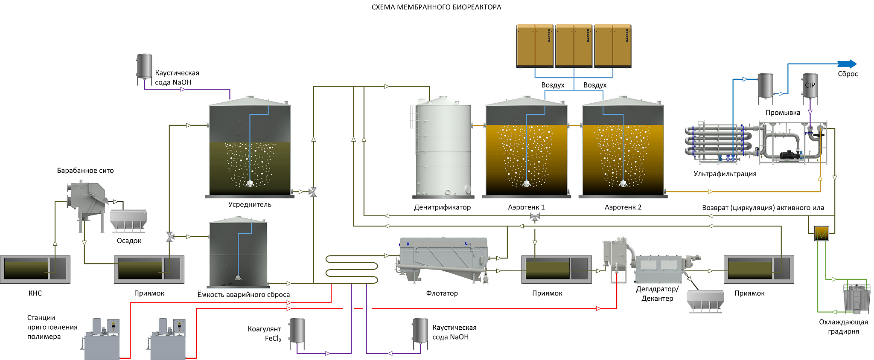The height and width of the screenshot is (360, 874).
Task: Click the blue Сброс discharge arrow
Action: point(847,64)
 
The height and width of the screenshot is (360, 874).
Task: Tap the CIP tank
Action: point(810,87)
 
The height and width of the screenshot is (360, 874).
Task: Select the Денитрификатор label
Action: point(442,207)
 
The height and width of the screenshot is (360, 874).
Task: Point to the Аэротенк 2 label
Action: point(623,207)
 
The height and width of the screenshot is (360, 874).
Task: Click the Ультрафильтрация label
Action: point(725,174)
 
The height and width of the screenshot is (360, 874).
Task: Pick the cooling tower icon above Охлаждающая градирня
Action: point(857,299)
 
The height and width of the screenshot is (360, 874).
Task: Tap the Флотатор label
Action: point(442,293)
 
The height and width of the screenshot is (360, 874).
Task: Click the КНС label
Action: point(35,293)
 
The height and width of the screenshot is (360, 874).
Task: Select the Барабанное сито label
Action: point(85,171)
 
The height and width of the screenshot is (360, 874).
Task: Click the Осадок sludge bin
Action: point(128,220)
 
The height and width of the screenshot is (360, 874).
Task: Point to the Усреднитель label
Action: point(250,204)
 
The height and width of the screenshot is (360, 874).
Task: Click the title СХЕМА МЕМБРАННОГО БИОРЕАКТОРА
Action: point(436,7)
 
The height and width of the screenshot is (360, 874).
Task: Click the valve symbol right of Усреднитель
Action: point(313,192)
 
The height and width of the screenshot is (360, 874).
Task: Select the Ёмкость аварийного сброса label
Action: point(243,294)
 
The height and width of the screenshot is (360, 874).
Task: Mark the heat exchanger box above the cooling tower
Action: point(822,233)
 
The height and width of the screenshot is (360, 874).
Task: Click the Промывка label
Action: point(783,113)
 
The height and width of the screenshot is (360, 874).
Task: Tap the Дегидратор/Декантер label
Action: point(657,293)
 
